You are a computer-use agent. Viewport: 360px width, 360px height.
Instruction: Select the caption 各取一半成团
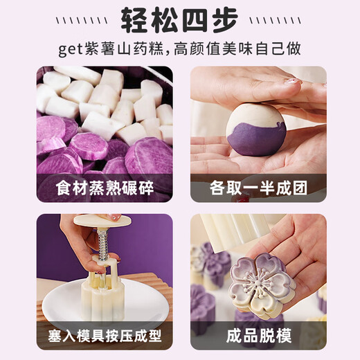point(258,188)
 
